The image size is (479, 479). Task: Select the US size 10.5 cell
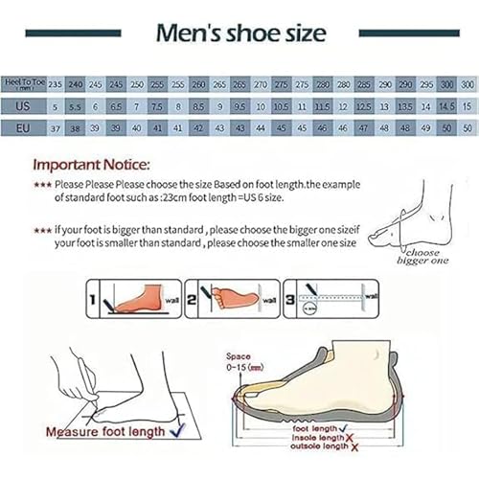[x=281, y=105]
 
